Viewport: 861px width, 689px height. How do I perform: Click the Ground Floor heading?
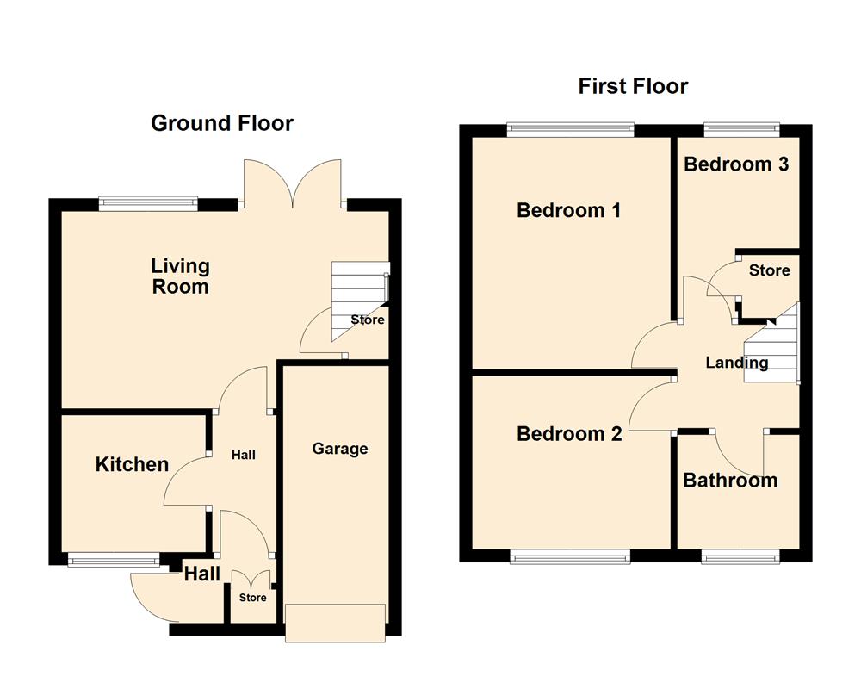[222, 123]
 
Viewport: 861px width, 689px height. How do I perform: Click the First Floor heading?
[633, 86]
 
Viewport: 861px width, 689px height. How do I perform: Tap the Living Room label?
[181, 276]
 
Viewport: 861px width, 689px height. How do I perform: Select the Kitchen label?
[132, 465]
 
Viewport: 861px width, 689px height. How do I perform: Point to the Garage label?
[340, 449]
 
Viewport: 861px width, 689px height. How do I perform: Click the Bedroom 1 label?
[568, 210]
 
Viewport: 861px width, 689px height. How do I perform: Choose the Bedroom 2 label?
[569, 434]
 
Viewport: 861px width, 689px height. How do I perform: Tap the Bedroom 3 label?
[736, 164]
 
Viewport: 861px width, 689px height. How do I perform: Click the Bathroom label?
[730, 481]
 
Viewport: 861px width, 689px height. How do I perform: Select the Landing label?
[737, 363]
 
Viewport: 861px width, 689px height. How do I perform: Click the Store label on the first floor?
[769, 270]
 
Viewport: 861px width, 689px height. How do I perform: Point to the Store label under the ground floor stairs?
[368, 320]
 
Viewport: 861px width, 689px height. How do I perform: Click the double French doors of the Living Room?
[294, 185]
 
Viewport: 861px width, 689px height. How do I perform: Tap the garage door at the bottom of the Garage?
[336, 622]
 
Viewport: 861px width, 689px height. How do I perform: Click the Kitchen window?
[114, 561]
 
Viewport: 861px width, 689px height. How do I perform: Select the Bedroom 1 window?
[571, 130]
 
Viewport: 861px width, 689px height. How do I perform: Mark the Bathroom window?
[740, 558]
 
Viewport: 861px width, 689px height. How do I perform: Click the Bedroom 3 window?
[742, 130]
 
